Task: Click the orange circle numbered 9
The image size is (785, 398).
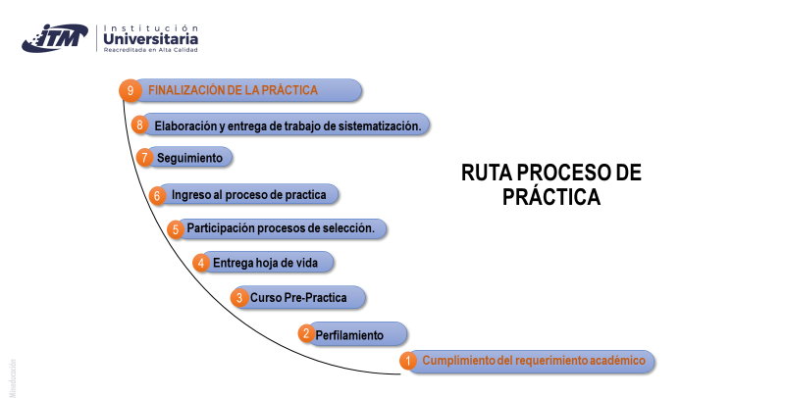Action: coord(131,90)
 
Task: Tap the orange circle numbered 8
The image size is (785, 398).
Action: coord(139,124)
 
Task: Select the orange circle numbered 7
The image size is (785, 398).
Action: coord(144,158)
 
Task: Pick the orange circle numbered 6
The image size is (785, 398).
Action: coord(157,195)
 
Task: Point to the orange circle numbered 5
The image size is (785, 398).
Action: coord(176,229)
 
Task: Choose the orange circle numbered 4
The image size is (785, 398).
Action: coord(201,263)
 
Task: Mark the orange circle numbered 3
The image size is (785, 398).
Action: coord(239,297)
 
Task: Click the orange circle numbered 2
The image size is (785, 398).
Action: coord(306,333)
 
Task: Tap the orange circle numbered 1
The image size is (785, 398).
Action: coord(408,361)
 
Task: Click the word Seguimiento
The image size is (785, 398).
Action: coord(189,158)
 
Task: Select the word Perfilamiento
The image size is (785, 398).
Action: coord(349,335)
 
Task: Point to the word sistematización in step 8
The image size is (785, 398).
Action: coord(380,126)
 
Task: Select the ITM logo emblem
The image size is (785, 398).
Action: coord(55,38)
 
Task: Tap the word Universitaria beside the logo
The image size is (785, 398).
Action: coord(151,39)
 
